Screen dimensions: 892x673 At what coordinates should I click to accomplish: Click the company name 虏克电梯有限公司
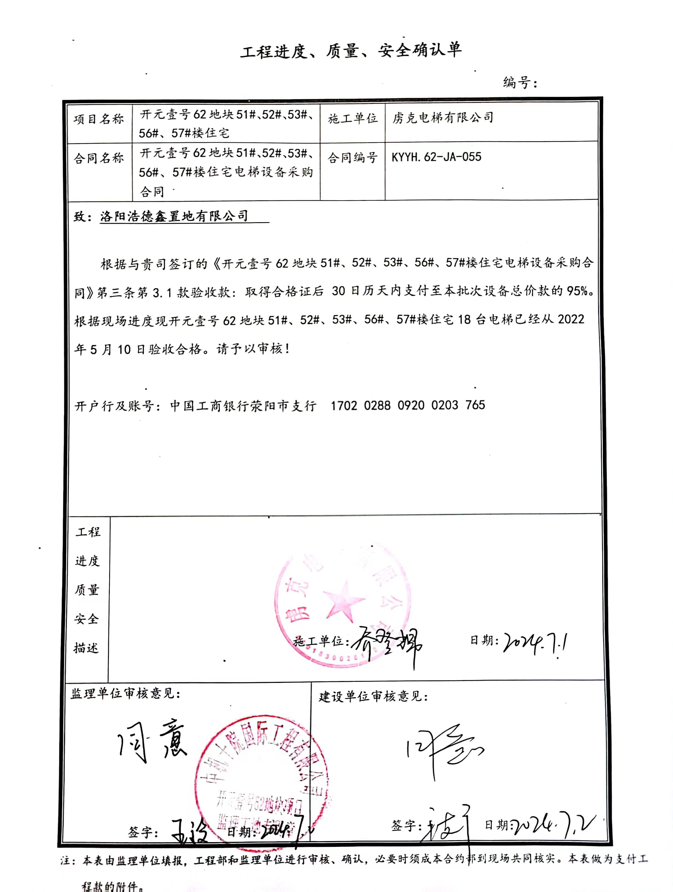coord(443,118)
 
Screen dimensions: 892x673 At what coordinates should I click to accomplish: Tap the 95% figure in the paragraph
coord(577,291)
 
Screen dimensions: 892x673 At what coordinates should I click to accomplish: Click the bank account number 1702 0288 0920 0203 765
coord(407,405)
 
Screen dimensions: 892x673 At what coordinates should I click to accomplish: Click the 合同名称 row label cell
coord(99,158)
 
